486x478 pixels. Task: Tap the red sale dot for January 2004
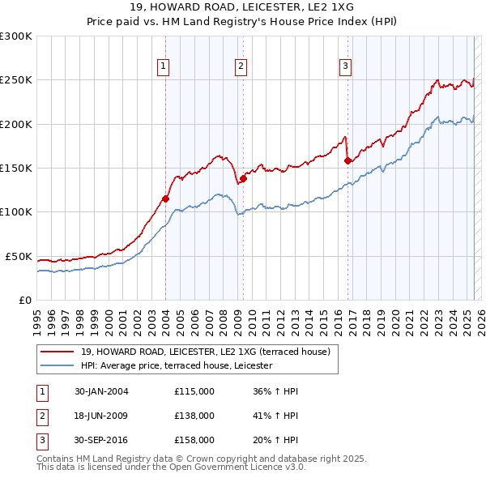point(165,198)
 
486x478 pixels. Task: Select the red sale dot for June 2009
point(242,179)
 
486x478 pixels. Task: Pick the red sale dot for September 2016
point(347,161)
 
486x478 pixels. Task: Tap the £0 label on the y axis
point(24,300)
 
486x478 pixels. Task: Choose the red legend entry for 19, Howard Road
point(205,352)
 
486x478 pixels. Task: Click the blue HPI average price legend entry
point(177,366)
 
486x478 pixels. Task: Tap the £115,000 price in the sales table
point(194,391)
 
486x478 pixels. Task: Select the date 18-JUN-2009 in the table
point(101,416)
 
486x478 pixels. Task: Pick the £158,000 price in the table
point(194,440)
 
